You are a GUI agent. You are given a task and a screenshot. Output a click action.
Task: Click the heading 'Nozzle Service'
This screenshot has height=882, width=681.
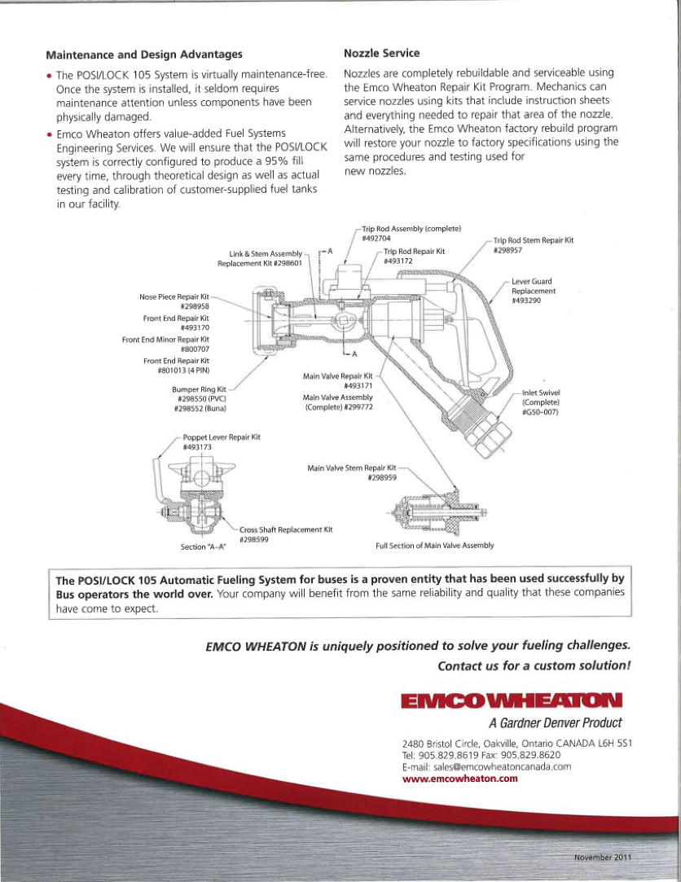tap(381, 53)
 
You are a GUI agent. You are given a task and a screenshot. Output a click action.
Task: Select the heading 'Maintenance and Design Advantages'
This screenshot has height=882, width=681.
tap(144, 55)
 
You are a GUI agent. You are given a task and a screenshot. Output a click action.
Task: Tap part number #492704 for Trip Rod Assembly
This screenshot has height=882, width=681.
tap(376, 238)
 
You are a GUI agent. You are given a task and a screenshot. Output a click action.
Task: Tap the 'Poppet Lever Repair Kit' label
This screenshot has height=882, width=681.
tap(221, 437)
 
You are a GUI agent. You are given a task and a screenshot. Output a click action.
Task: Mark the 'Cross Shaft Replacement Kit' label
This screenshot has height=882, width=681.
tap(287, 529)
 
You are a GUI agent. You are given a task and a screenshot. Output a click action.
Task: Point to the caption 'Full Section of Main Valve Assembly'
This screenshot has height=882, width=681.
tap(434, 546)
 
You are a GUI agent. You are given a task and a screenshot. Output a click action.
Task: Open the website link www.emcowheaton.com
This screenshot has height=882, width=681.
tap(460, 779)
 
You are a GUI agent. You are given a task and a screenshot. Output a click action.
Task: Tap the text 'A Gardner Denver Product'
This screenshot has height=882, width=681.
tap(556, 723)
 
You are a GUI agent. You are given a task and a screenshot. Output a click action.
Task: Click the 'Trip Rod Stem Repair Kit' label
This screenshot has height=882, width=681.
tap(534, 240)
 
